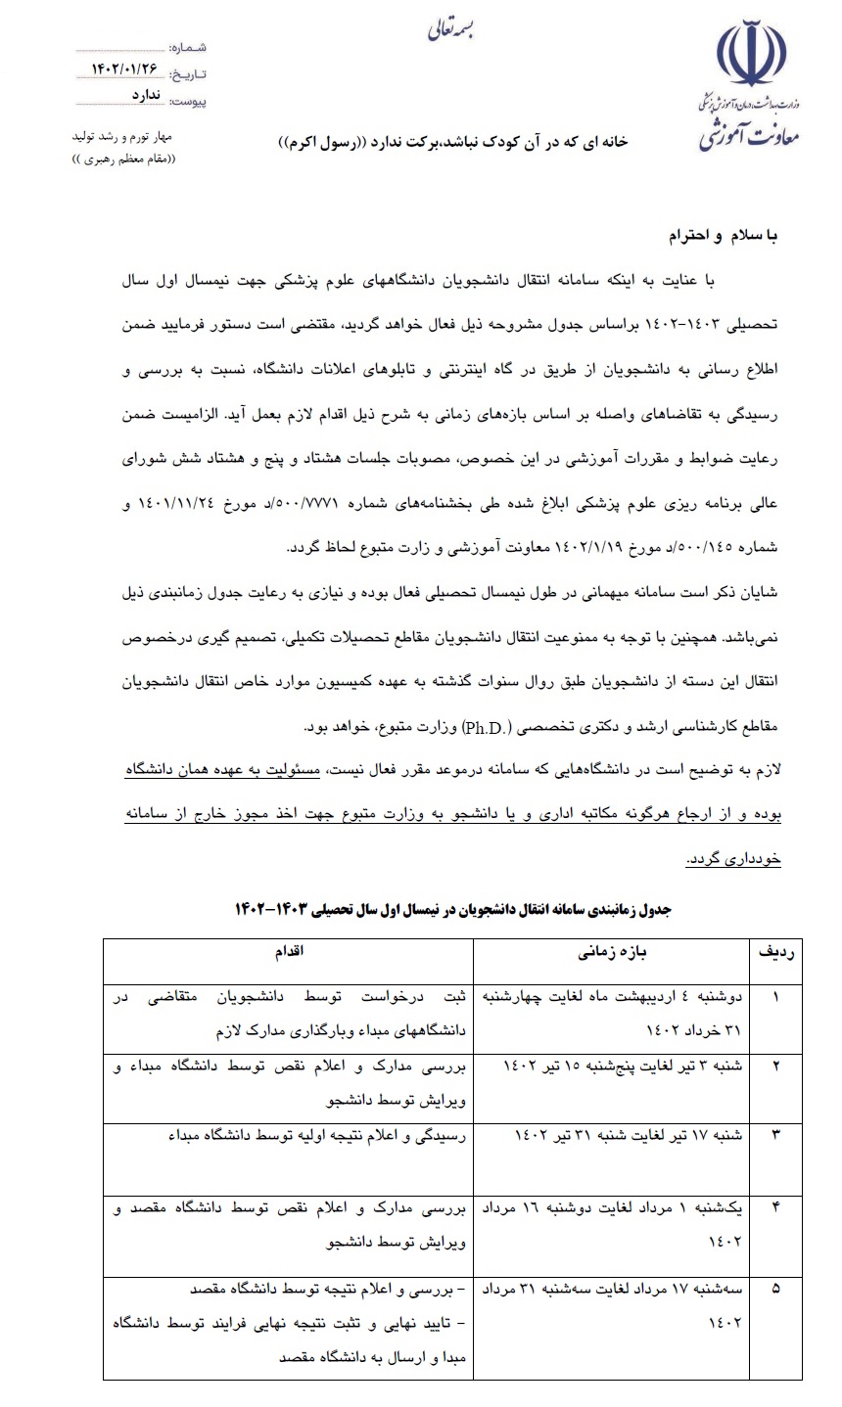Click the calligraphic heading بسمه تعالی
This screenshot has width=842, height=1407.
coord(450,29)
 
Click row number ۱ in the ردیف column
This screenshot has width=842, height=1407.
coord(776,999)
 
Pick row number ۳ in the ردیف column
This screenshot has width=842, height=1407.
coord(776,1135)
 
